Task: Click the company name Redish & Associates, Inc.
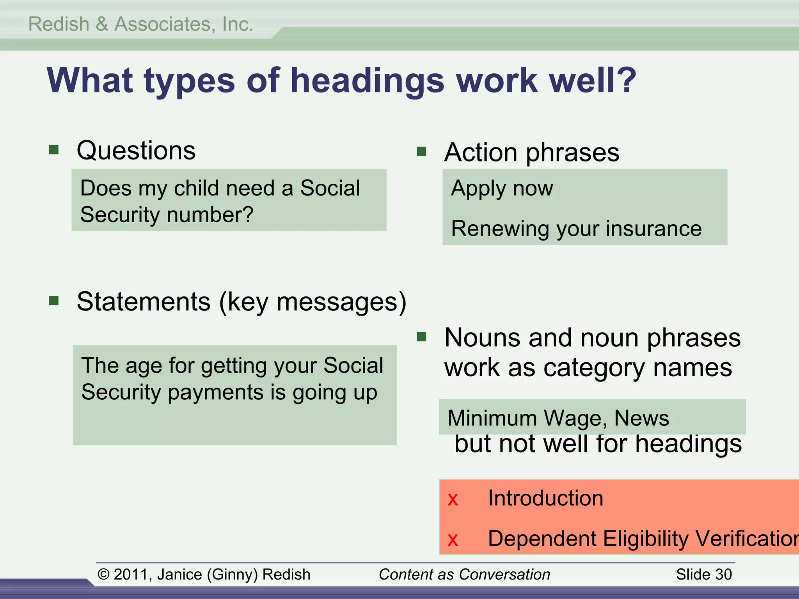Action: [141, 24]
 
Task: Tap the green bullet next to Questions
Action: [54, 150]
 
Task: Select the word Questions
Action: [136, 151]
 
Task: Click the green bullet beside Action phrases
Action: [421, 151]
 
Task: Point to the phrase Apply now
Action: [502, 188]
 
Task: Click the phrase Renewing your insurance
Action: [576, 229]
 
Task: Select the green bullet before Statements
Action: [54, 301]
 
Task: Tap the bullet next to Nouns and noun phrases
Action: [421, 337]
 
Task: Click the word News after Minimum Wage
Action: [642, 418]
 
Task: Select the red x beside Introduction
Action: [453, 500]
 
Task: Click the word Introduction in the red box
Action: [545, 498]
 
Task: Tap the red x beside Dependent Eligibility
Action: [453, 540]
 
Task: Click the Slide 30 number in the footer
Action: [704, 574]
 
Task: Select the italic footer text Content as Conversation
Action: [464, 574]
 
